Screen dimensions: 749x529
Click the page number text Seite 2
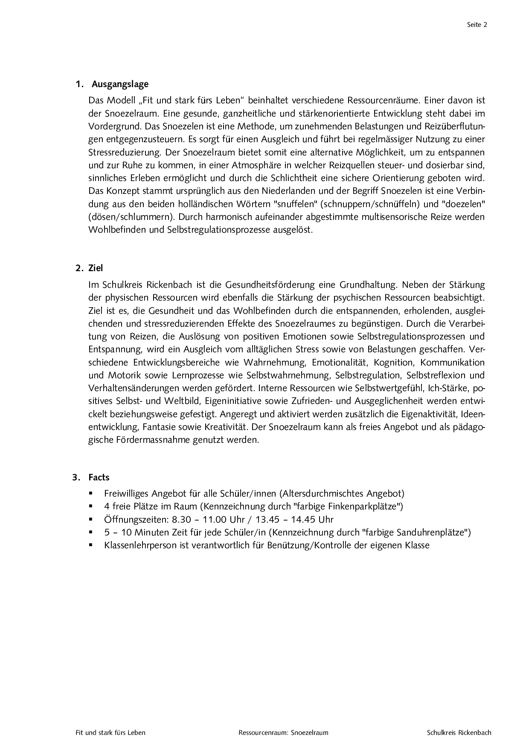[477, 25]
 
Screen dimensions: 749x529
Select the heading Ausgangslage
[120, 84]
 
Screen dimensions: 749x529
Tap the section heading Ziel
[96, 268]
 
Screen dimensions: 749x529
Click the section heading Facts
[99, 477]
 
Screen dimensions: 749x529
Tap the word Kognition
[394, 363]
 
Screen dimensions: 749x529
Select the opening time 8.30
[182, 520]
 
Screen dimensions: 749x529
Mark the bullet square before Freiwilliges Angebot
[91, 493]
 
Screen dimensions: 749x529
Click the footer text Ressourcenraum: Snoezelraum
[284, 733]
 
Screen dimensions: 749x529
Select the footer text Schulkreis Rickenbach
[459, 733]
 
